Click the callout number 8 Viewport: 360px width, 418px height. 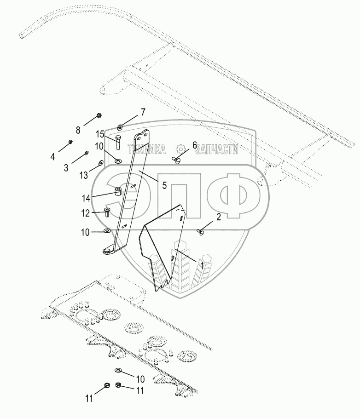pos(78,130)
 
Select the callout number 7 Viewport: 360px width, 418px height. pos(143,112)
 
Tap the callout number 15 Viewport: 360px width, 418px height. pos(100,134)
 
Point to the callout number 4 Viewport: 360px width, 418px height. pos(52,157)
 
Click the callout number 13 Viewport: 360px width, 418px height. pos(84,175)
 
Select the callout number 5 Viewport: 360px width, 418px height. pos(164,186)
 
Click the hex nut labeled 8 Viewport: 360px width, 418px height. pos(99,115)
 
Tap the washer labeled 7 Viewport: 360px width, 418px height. pos(120,126)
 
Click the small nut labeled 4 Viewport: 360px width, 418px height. pos(70,142)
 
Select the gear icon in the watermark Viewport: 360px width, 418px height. pos(180,149)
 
